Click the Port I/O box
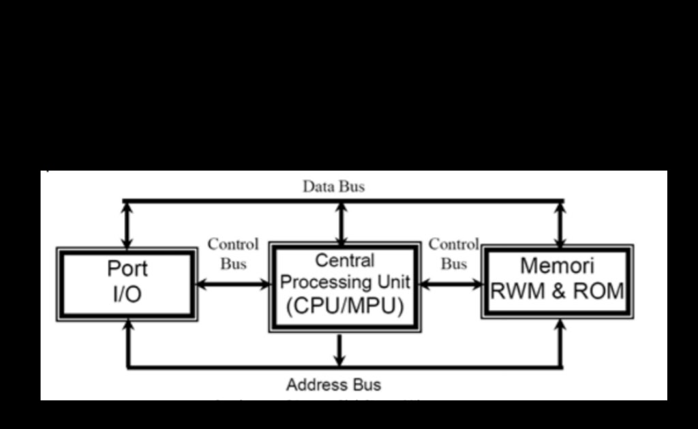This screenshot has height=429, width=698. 127,283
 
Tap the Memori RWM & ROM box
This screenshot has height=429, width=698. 558,281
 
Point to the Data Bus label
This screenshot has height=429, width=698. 333,187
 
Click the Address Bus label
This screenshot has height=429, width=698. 333,385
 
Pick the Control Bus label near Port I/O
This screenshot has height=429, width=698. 233,253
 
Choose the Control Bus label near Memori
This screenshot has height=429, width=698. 453,253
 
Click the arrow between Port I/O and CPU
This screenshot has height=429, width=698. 233,285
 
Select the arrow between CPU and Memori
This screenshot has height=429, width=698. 451,284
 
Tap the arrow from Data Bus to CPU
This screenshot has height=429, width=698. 341,222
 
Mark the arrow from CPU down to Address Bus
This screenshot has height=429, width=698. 339,350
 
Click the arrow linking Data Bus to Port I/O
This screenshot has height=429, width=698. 127,225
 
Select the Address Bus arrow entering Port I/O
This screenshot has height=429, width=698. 127,343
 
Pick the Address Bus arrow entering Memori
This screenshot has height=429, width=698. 560,343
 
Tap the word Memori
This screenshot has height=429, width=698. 557,266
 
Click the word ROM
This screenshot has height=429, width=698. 598,291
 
